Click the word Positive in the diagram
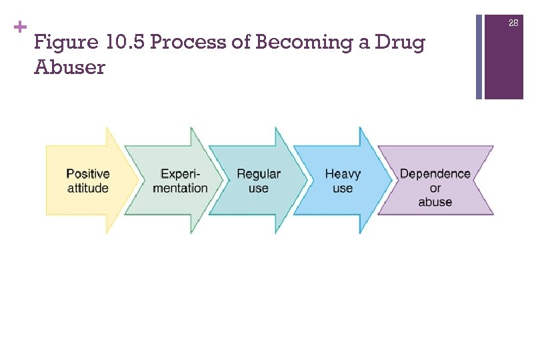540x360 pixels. click(88, 174)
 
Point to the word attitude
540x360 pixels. click(88, 188)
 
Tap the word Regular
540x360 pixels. click(259, 174)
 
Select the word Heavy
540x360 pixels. click(343, 174)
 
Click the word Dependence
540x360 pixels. click(435, 174)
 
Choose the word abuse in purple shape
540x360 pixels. click(435, 202)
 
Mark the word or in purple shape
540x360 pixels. click(435, 188)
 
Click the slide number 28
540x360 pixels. click(513, 23)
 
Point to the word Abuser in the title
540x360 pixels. click(69, 68)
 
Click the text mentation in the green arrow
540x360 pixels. click(180, 188)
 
